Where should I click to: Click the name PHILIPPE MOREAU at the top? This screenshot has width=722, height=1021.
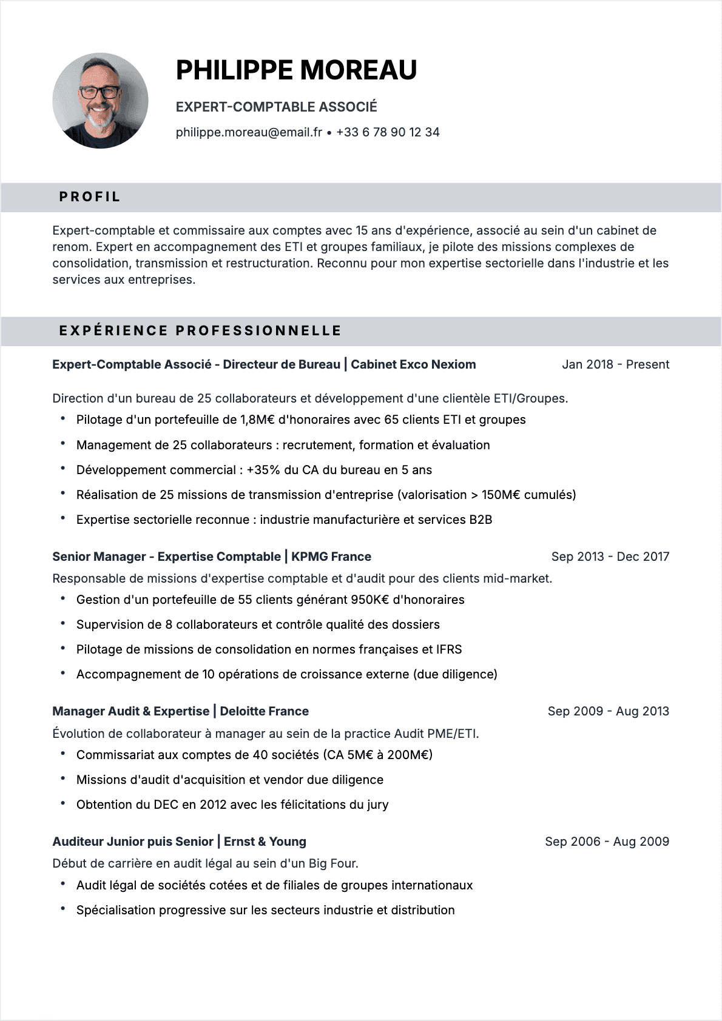pos(296,70)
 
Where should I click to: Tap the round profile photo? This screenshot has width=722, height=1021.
pos(100,101)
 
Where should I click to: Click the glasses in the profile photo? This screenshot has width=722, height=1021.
pos(100,93)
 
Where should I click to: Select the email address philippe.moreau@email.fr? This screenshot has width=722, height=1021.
pos(249,132)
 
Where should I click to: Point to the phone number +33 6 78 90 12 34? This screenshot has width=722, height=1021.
pos(388,132)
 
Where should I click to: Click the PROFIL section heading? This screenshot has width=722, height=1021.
pos(90,197)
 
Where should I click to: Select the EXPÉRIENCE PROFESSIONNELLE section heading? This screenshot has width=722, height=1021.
pos(200,331)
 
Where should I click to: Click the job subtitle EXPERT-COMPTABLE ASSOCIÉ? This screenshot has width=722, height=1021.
pos(276,107)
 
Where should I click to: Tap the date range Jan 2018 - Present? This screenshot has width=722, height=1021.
pos(615,364)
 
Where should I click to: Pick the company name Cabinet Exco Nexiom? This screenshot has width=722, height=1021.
pos(413,364)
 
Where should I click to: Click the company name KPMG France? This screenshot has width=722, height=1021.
pos(331,557)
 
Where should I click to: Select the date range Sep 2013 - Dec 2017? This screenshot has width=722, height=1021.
pos(610,557)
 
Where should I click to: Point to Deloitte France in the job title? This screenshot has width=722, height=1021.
pos(264,711)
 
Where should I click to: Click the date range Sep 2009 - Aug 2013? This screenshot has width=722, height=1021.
pos(608,711)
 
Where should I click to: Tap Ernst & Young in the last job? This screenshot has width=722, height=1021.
pos(265,842)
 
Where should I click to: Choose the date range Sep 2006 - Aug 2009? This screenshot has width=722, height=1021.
pos(607,842)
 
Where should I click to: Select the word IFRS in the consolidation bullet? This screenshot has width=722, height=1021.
pos(449,649)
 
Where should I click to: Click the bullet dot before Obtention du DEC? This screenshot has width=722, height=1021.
pos(62,803)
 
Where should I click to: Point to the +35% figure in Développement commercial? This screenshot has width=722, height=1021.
pos(263,470)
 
